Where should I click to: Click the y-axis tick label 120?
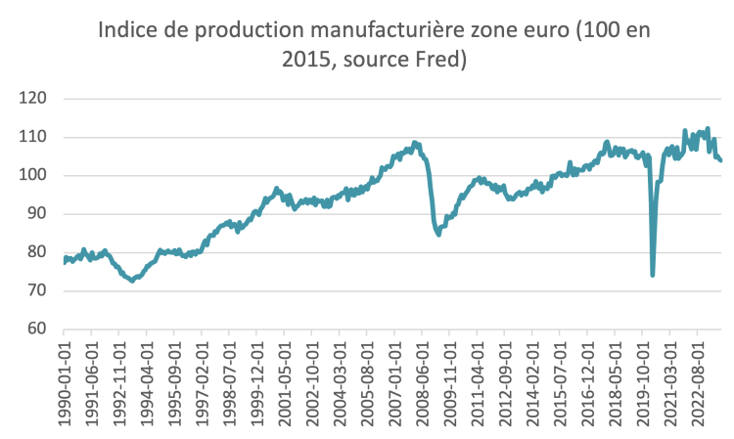pyautogui.click(x=33, y=99)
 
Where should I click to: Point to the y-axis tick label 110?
pyautogui.click(x=33, y=137)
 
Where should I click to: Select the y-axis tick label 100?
pyautogui.click(x=33, y=175)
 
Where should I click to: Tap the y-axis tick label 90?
pyautogui.click(x=37, y=213)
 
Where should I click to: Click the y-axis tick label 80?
pyautogui.click(x=37, y=252)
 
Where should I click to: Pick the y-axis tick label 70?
pyautogui.click(x=37, y=290)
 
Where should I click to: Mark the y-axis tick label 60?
pyautogui.click(x=37, y=329)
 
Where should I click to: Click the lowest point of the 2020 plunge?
pyautogui.click(x=653, y=275)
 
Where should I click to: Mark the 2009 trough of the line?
pyautogui.click(x=438, y=235)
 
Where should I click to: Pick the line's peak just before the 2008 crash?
pyautogui.click(x=415, y=143)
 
